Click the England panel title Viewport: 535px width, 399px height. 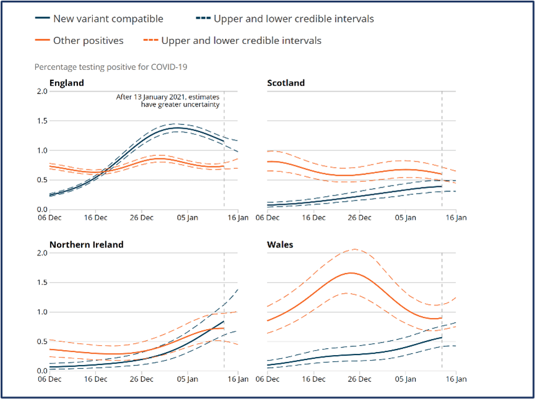pos(67,83)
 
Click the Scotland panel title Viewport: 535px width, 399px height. pos(285,83)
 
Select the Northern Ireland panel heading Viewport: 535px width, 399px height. pos(87,244)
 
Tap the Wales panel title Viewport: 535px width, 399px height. pos(280,244)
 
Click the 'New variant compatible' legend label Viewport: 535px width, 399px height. pos(108,19)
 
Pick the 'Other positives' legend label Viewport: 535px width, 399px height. pos(89,41)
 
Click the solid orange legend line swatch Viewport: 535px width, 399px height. pos(41,41)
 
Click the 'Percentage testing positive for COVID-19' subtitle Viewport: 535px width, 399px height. pos(111,66)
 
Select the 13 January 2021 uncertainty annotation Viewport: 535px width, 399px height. pos(168,100)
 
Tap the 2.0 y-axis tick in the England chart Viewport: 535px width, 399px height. pos(42,92)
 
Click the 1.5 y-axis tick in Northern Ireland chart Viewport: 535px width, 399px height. pos(42,282)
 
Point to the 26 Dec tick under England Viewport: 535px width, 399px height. pos(142,218)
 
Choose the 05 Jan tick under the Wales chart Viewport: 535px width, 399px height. pos(407,379)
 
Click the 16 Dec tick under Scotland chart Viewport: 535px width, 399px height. pos(313,218)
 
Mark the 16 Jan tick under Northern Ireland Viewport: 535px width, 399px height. pos(238,379)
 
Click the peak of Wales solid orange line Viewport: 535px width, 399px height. pos(351,273)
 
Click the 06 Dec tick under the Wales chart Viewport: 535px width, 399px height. pos(267,379)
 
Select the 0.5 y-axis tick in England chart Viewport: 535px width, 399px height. pos(42,180)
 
